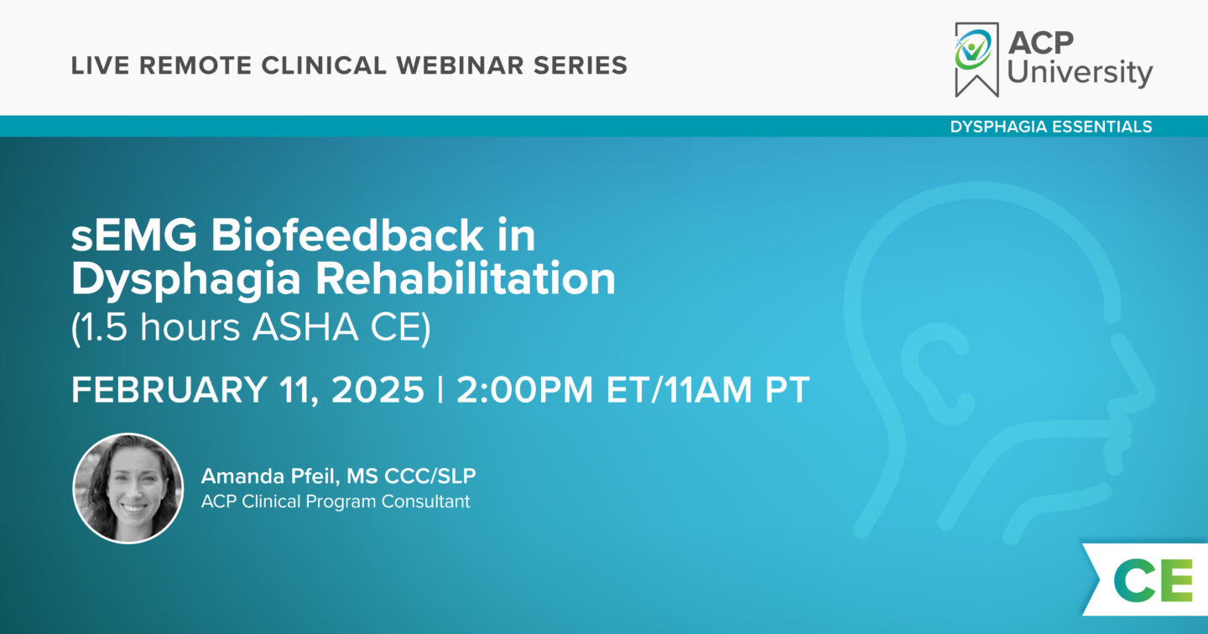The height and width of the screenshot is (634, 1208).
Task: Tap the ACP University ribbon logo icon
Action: tap(976, 58)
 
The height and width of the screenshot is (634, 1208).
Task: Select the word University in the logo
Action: tap(1080, 73)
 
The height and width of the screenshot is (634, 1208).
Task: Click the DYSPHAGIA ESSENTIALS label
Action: tap(1050, 127)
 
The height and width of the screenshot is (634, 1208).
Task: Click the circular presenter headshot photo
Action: tap(128, 488)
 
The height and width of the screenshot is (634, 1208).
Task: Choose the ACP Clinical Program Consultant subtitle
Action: tap(336, 502)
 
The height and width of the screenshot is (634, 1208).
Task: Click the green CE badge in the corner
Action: tap(1152, 579)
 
